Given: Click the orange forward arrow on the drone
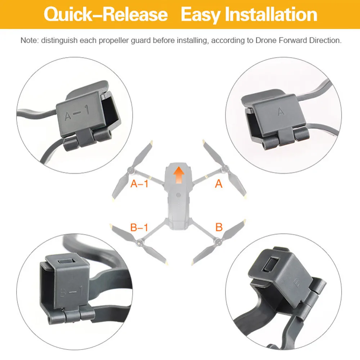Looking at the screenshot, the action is click(179, 175).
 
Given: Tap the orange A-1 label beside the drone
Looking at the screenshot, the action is click(139, 184).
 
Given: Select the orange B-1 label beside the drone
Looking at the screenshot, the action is click(139, 227).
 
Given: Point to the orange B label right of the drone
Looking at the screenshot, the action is click(219, 227).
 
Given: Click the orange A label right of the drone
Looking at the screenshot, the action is click(219, 184).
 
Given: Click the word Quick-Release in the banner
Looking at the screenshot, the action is click(105, 14).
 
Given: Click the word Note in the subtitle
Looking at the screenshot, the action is click(29, 40).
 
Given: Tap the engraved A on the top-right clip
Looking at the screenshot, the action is click(281, 112).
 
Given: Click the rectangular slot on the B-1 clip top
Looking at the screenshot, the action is click(66, 261).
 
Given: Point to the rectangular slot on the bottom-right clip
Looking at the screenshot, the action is click(271, 264).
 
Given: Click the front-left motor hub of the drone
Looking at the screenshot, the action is click(131, 170).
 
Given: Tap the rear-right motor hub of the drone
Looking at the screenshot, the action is click(218, 241).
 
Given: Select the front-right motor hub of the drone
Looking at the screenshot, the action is click(224, 170).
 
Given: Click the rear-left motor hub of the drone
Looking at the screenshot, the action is click(139, 242).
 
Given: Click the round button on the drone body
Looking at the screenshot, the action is click(178, 195).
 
